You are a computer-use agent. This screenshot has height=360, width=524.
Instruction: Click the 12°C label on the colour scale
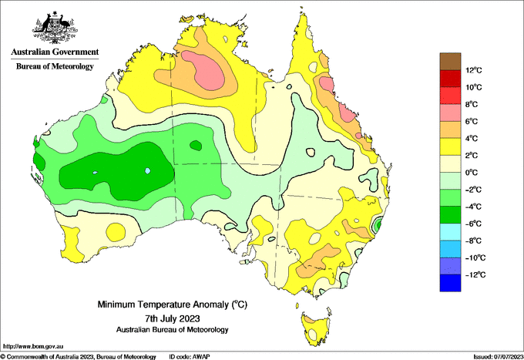474,70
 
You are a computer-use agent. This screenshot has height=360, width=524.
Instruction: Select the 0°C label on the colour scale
471,173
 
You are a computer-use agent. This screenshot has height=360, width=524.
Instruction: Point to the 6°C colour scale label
471,121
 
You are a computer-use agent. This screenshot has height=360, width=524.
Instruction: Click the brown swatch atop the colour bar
450,62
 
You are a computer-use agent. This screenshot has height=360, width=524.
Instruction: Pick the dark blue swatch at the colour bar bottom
450,283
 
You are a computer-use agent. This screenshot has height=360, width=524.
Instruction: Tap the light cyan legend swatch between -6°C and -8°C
450,232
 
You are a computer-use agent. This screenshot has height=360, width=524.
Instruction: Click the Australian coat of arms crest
55,28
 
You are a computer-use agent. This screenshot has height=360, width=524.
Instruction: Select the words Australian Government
55,52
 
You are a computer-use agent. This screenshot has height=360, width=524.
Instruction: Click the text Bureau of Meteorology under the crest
55,66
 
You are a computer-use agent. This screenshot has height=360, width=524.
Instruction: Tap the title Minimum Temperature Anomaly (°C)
173,304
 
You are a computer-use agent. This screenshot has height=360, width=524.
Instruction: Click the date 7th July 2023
173,318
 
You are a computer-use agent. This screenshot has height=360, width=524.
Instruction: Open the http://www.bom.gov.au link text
33,346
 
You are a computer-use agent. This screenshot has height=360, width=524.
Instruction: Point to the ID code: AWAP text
190,357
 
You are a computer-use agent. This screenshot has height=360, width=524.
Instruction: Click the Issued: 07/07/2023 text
499,357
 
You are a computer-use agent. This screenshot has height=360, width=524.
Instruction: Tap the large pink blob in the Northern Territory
204,70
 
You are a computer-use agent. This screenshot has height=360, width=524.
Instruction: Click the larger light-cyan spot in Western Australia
148,171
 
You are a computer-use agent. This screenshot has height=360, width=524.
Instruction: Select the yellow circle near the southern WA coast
116,231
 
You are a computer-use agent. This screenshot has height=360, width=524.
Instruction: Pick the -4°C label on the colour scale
473,207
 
